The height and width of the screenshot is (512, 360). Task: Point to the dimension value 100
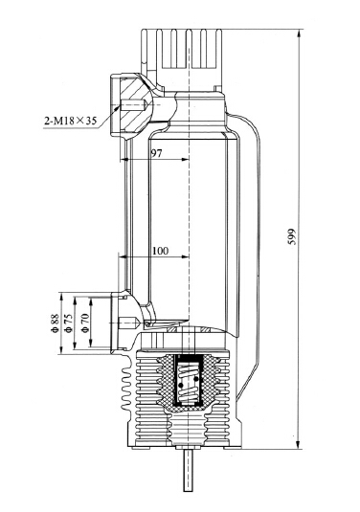coord(160,251)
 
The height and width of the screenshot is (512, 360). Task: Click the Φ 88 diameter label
coord(56,323)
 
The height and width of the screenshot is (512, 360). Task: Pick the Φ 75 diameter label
coord(70,323)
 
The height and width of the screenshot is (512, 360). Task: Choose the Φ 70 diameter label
coord(86,323)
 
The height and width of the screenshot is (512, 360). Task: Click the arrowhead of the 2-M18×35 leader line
coord(123,107)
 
